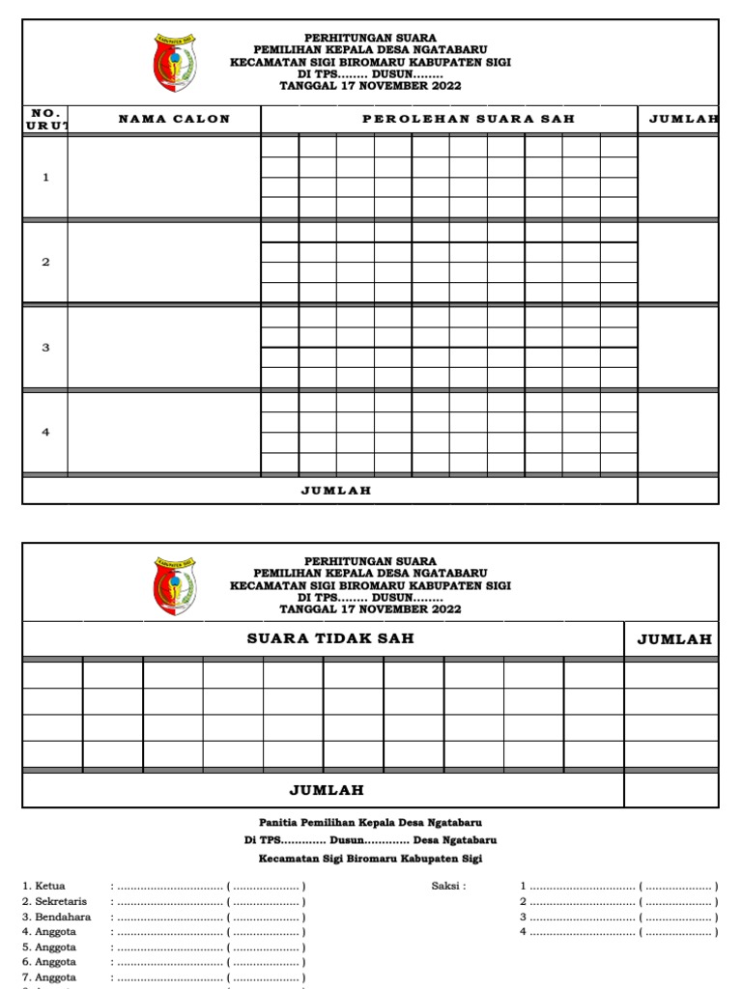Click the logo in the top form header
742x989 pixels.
coord(175,63)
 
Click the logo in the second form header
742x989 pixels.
coord(175,585)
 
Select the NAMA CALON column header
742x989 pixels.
coord(174,119)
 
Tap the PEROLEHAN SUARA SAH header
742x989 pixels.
coord(468,119)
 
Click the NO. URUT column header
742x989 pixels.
coord(45,119)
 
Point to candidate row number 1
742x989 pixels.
coord(45,178)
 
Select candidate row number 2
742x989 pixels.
coord(45,263)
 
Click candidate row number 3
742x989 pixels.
coord(45,348)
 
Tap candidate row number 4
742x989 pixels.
coord(45,433)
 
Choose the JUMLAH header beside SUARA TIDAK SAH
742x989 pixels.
coord(674,638)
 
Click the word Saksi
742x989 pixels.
coord(447,886)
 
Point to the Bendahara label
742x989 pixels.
coord(57,917)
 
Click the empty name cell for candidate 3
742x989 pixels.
coord(164,348)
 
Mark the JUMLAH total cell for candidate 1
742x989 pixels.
coord(678,178)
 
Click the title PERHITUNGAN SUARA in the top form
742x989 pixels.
coord(370,39)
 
